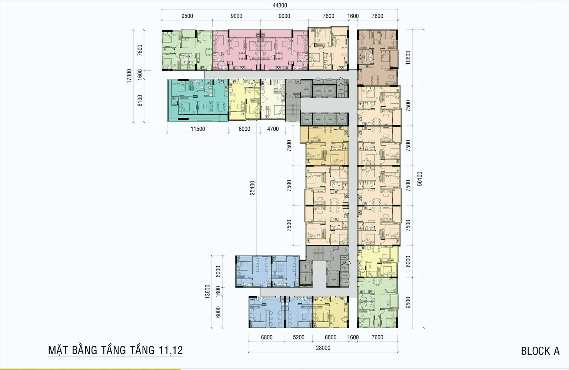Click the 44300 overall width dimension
(x=280, y=6)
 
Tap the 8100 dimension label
(x=140, y=100)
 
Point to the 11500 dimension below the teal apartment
(x=197, y=129)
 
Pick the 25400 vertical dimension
(x=252, y=188)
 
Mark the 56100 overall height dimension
(x=419, y=178)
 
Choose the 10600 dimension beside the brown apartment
(x=408, y=57)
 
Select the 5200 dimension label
(x=299, y=337)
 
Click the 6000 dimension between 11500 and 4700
(x=244, y=129)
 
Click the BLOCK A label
(x=540, y=351)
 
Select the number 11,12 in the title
(x=170, y=350)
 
